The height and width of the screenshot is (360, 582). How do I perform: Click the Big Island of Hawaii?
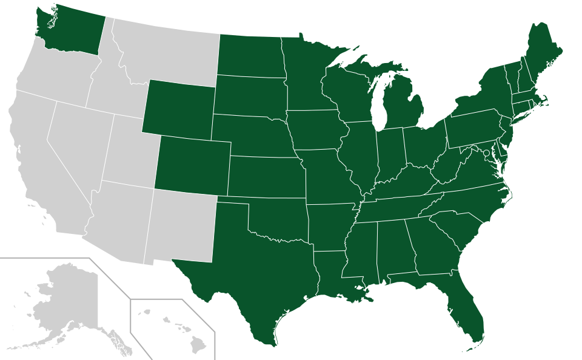(x=197, y=346)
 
